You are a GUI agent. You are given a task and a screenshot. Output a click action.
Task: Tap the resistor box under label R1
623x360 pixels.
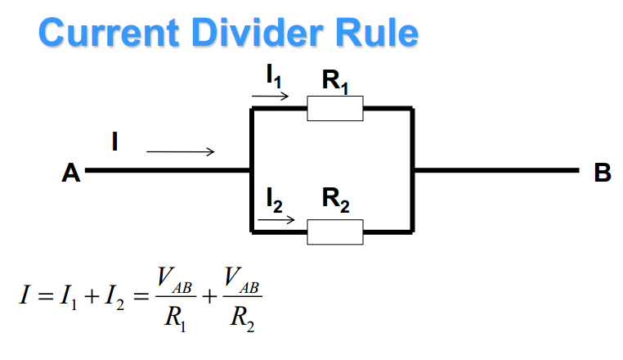pos(335,109)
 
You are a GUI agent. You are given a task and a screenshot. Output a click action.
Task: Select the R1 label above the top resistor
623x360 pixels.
pos(336,82)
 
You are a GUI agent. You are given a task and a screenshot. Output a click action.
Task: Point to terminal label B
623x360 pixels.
pos(603,173)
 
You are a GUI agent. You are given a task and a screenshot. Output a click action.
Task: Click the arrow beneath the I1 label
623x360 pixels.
pos(271,97)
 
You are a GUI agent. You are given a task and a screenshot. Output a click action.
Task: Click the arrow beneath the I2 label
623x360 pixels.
pos(276,219)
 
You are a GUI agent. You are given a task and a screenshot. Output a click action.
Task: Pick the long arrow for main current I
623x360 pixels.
pos(181,151)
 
